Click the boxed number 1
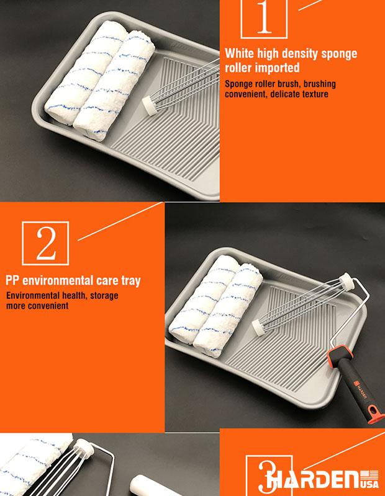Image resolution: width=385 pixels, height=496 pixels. click(264, 17)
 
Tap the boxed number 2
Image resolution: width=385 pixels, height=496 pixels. click(45, 243)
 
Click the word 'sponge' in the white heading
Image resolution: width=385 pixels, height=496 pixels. click(339, 54)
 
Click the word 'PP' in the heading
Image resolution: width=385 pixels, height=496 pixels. click(12, 281)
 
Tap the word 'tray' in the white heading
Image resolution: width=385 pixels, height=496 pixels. click(131, 281)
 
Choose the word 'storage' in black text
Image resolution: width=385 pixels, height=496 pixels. click(104, 296)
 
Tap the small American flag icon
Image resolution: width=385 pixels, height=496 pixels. click(371, 476)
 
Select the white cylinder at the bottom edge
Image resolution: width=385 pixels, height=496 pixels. click(153, 486)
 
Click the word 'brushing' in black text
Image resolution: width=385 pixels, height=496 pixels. click(319, 84)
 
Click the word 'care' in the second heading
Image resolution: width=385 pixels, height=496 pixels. click(107, 281)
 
